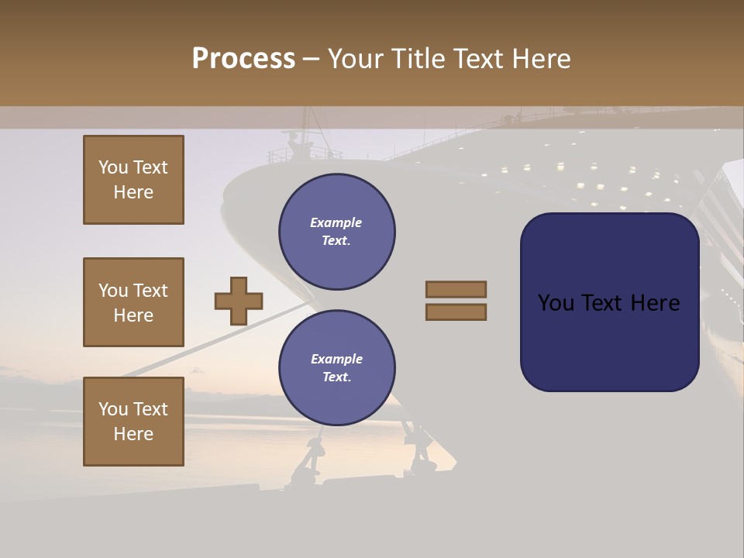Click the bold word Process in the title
click(x=243, y=59)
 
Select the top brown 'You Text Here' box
click(x=133, y=180)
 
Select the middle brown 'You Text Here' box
click(x=133, y=302)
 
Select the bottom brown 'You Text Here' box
click(x=133, y=422)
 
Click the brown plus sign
click(x=239, y=301)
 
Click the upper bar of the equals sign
click(x=456, y=289)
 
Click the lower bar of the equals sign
click(x=456, y=312)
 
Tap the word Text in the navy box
click(x=604, y=303)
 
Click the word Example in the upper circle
click(x=336, y=223)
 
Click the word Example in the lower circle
click(x=336, y=360)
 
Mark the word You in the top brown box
click(x=112, y=167)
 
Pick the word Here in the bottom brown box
click(x=133, y=434)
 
